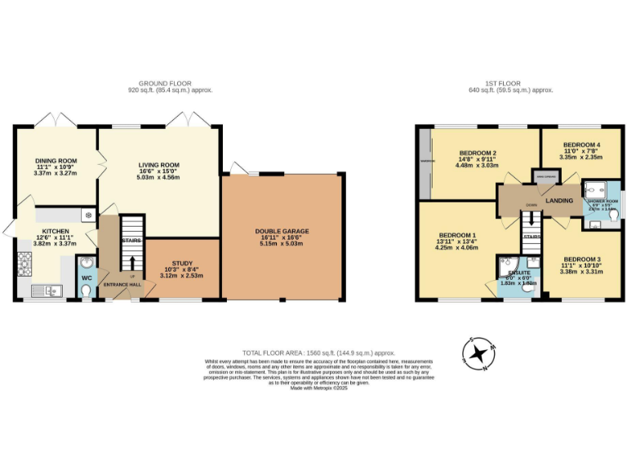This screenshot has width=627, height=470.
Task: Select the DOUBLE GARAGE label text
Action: click(282, 231)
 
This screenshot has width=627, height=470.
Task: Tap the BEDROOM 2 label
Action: click(478, 153)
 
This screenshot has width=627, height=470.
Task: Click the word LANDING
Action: click(559, 200)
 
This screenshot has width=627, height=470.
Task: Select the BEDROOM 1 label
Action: click(456, 236)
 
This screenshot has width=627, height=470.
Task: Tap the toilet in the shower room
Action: click(613, 218)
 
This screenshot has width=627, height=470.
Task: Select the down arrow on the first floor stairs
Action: click(531, 219)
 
